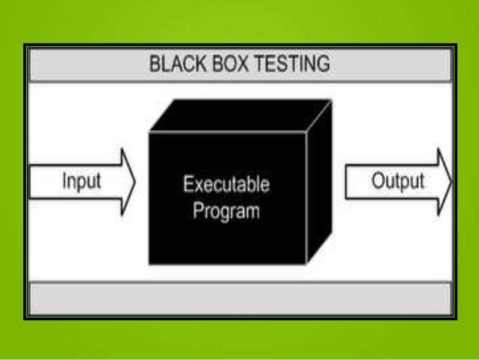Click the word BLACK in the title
175,64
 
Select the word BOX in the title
225,64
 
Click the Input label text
81,182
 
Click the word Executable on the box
226,185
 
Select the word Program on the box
226,210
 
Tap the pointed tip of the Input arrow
134,182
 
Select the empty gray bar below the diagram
239,298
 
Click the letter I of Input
64,182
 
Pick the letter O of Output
375,182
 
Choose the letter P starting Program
197,210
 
